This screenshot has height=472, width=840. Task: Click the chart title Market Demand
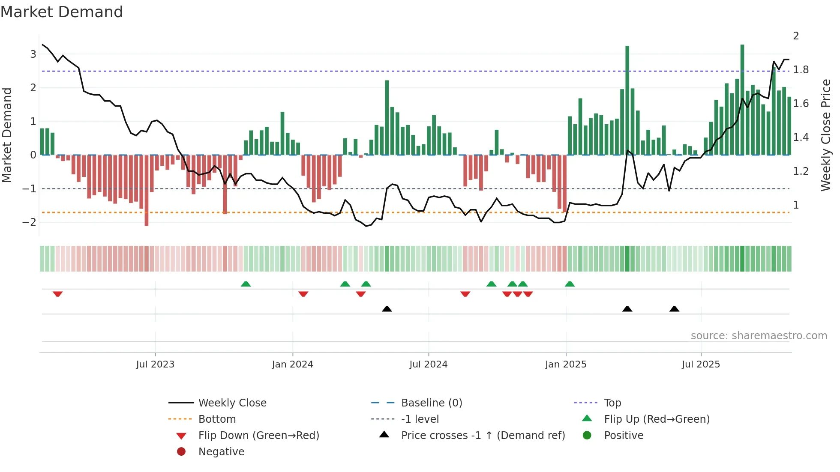tap(62, 12)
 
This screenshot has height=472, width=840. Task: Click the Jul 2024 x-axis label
tap(428, 364)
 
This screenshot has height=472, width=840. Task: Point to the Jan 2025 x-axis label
tap(565, 364)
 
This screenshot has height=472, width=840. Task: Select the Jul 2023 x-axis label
tap(155, 364)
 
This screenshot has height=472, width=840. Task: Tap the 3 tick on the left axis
tap(33, 54)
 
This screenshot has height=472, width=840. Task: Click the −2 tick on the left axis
tap(30, 222)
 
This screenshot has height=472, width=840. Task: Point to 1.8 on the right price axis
tap(801, 70)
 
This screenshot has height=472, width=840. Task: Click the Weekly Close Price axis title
tap(825, 135)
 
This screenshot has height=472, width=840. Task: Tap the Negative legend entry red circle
tap(181, 452)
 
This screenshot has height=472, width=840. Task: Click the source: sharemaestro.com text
tap(759, 336)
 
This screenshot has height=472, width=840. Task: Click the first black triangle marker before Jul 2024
tap(387, 309)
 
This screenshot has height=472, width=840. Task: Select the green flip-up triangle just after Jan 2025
tap(570, 284)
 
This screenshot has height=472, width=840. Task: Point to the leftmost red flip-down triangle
tap(58, 294)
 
